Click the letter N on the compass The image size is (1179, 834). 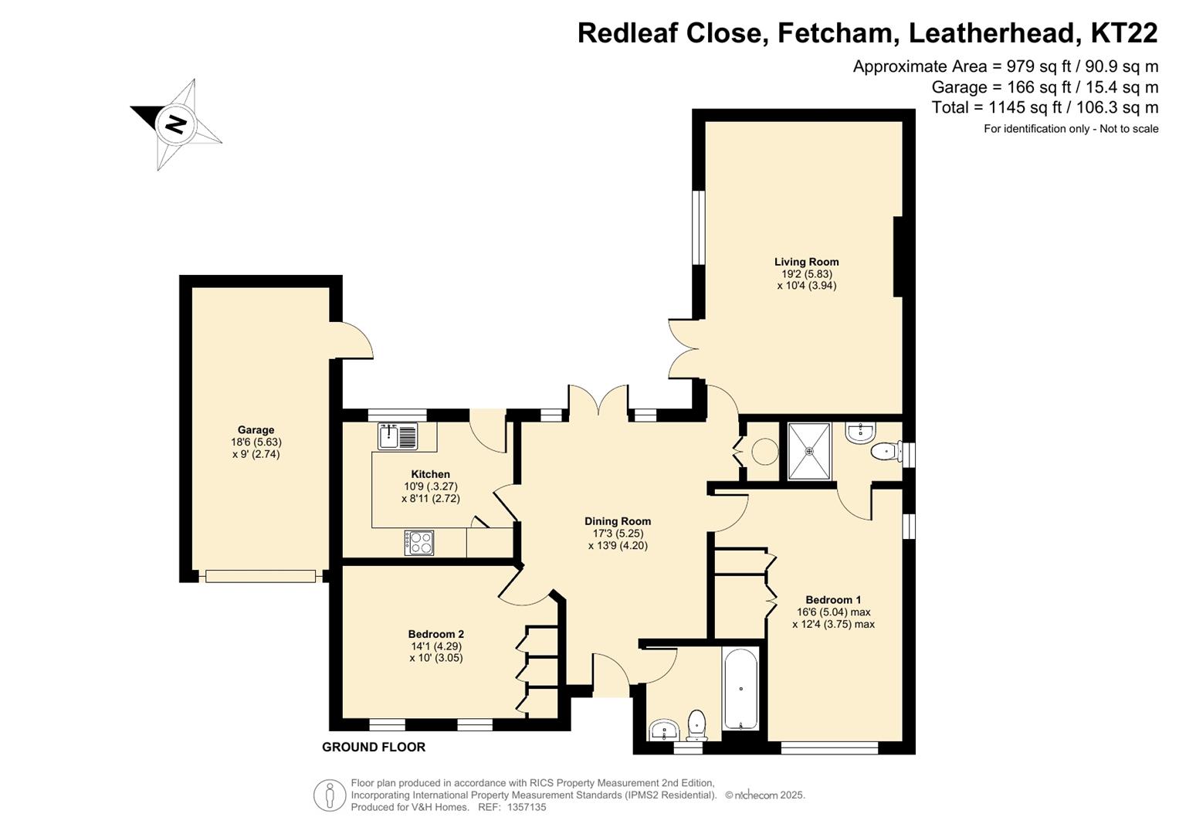click(176, 125)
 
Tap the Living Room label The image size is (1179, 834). click(806, 262)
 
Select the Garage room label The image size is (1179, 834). click(256, 429)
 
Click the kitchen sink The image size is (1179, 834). click(398, 436)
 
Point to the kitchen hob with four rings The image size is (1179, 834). click(419, 542)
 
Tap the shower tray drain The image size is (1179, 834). click(809, 451)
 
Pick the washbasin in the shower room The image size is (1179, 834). click(861, 432)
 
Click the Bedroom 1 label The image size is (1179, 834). click(833, 600)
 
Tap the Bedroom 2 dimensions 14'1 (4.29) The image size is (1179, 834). click(436, 646)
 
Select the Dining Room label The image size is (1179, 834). click(618, 521)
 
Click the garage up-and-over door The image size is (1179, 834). click(260, 576)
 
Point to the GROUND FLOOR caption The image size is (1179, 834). click(374, 748)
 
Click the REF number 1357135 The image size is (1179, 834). click(527, 807)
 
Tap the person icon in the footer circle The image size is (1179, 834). click(330, 795)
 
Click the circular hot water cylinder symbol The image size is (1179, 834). click(765, 451)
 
